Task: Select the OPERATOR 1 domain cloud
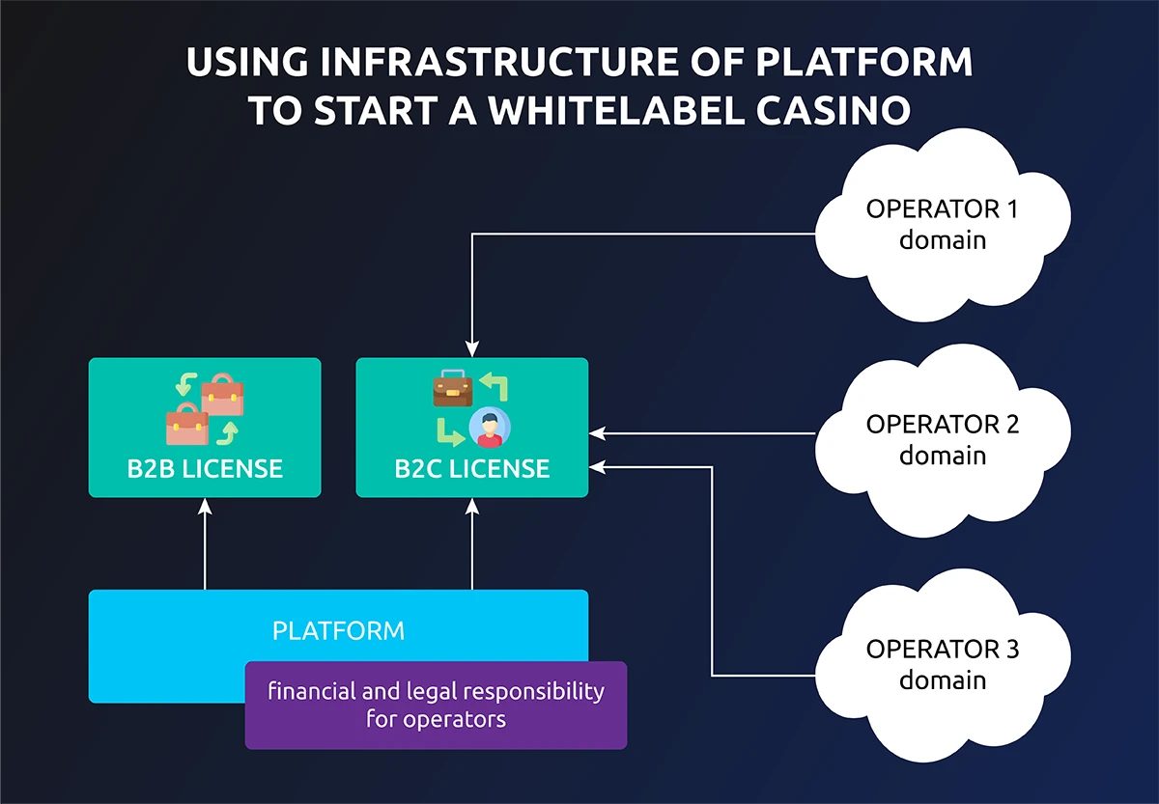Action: [942, 224]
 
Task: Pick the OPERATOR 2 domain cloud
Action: [942, 439]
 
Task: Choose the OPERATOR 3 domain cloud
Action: [942, 664]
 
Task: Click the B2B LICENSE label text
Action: [205, 469]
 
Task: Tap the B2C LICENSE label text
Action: [472, 469]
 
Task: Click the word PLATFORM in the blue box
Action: [338, 631]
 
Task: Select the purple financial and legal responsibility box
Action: [436, 706]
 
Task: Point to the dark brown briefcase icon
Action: [451, 389]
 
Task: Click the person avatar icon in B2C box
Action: [490, 428]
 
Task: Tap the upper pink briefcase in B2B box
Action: [222, 394]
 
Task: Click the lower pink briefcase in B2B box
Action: [187, 425]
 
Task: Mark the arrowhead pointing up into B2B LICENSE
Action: [205, 504]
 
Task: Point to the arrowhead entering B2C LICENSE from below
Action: [472, 504]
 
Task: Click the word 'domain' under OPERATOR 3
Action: [942, 679]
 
